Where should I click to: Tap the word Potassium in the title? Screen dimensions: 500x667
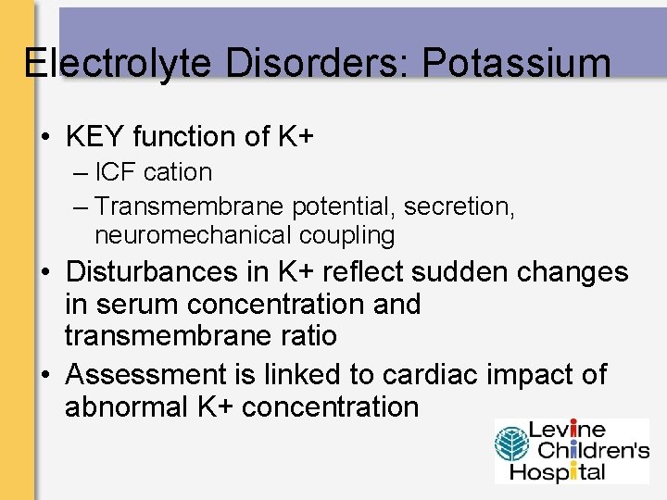[x=516, y=63]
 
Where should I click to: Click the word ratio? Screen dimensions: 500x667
[x=307, y=335]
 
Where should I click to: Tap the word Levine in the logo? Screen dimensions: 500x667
[x=567, y=431]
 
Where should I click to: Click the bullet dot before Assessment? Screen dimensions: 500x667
[x=44, y=375]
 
